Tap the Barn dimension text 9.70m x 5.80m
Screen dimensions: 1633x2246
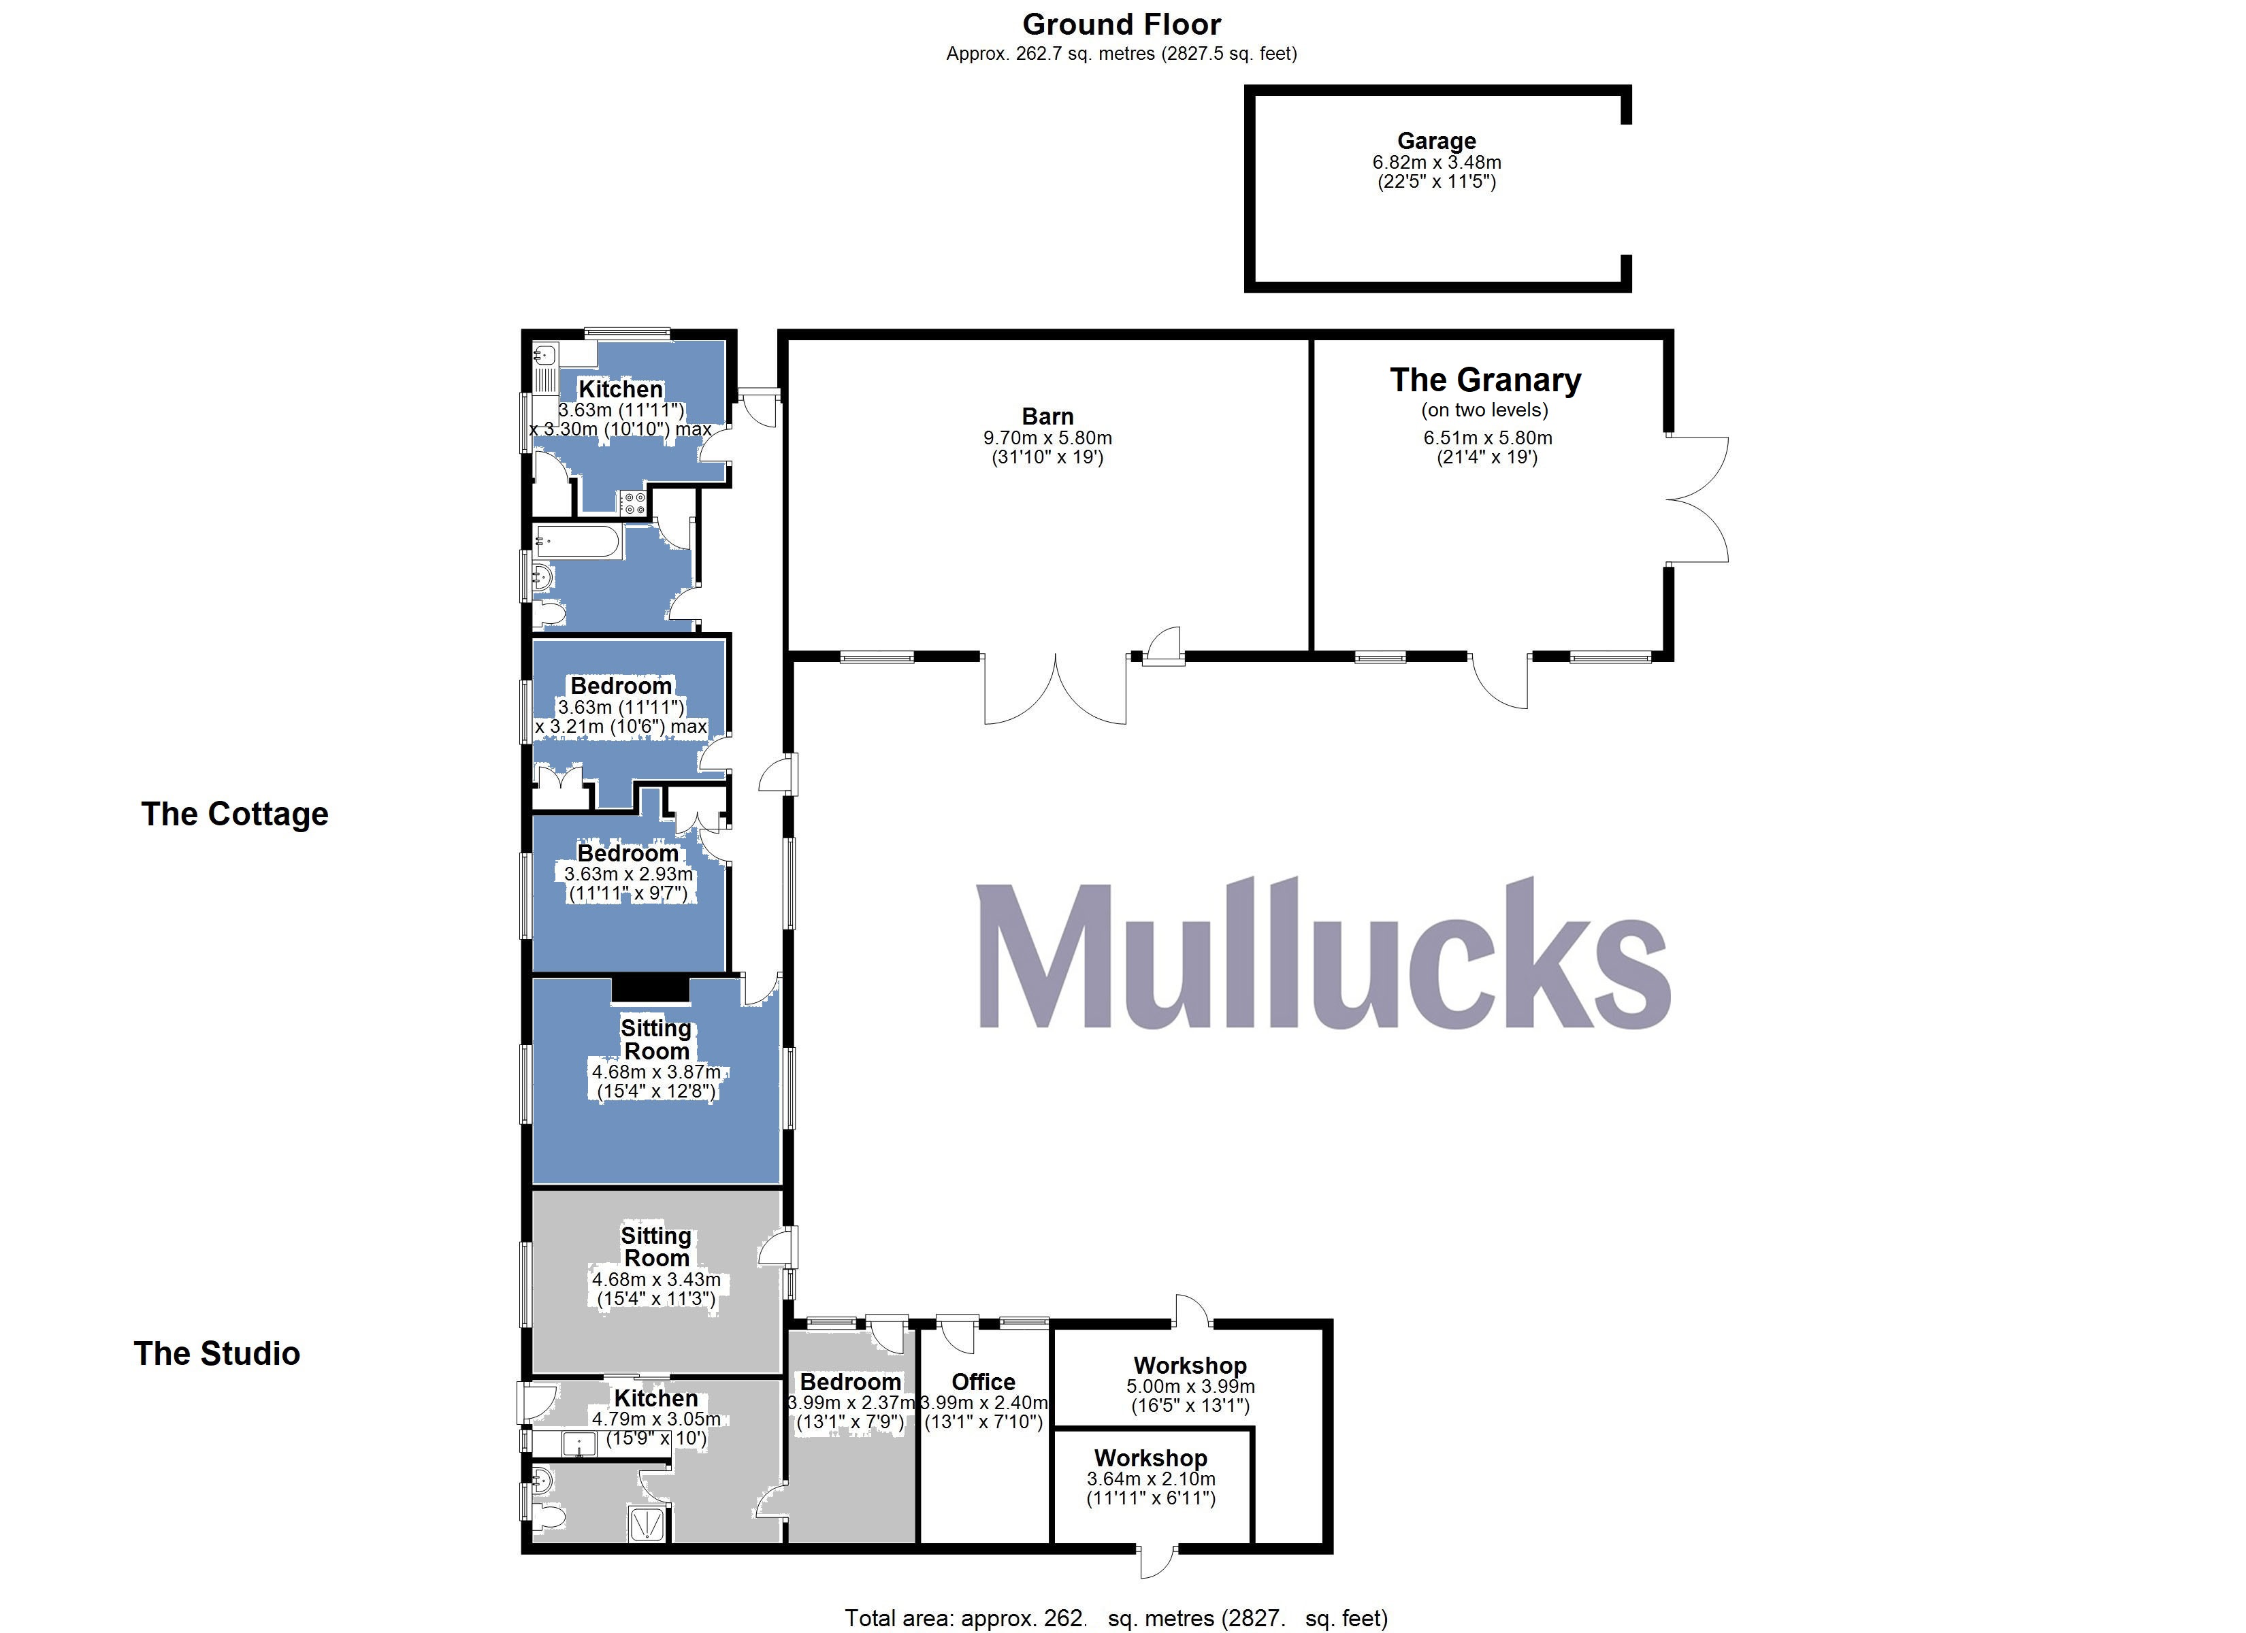pos(1047,438)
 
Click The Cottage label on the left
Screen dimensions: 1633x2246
pos(235,814)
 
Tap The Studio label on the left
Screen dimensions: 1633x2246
pos(217,1354)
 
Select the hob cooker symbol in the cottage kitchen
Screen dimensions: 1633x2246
pos(634,503)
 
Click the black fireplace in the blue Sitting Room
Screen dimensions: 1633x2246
pos(649,987)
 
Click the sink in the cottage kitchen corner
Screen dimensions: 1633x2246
pos(544,354)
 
